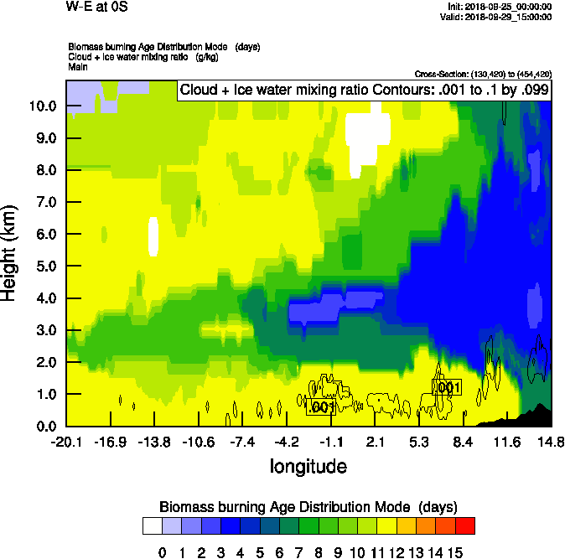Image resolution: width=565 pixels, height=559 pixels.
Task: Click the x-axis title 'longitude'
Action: [308, 465]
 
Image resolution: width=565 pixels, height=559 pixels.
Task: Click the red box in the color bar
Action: [465, 526]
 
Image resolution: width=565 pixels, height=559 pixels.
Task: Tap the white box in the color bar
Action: [152, 526]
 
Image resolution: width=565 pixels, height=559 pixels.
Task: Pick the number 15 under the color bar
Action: [455, 551]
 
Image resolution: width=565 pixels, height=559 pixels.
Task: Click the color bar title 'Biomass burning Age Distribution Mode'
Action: [308, 507]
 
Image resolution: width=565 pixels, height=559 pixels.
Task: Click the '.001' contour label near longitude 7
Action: [447, 386]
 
